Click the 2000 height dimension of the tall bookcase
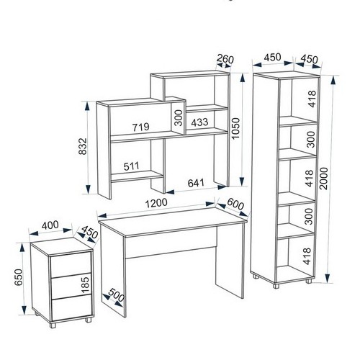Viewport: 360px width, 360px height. click(x=324, y=179)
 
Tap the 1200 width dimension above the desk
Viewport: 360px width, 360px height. click(x=156, y=203)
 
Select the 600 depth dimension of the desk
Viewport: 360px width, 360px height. click(x=235, y=204)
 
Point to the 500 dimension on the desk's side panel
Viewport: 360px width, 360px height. click(x=117, y=294)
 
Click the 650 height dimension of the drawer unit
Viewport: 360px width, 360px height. click(x=19, y=277)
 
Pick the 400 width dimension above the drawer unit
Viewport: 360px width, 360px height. click(x=50, y=225)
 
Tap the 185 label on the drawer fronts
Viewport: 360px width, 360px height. click(x=85, y=285)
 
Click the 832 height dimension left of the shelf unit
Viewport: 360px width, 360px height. click(x=83, y=146)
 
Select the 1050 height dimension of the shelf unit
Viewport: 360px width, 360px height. click(x=235, y=128)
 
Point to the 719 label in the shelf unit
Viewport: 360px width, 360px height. click(x=141, y=127)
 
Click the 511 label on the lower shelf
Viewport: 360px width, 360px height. click(x=132, y=166)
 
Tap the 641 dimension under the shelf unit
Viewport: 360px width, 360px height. click(x=196, y=183)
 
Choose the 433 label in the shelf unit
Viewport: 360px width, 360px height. click(x=199, y=122)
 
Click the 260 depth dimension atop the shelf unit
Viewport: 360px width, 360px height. click(x=225, y=59)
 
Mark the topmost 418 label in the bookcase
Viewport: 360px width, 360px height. click(x=312, y=99)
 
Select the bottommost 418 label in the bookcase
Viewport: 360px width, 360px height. click(x=307, y=256)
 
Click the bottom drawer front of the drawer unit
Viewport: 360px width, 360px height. click(x=71, y=307)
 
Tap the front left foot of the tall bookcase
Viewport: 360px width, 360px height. click(x=276, y=285)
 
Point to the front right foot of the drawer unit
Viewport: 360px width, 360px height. click(x=89, y=320)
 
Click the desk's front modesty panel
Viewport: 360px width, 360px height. click(x=171, y=243)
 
